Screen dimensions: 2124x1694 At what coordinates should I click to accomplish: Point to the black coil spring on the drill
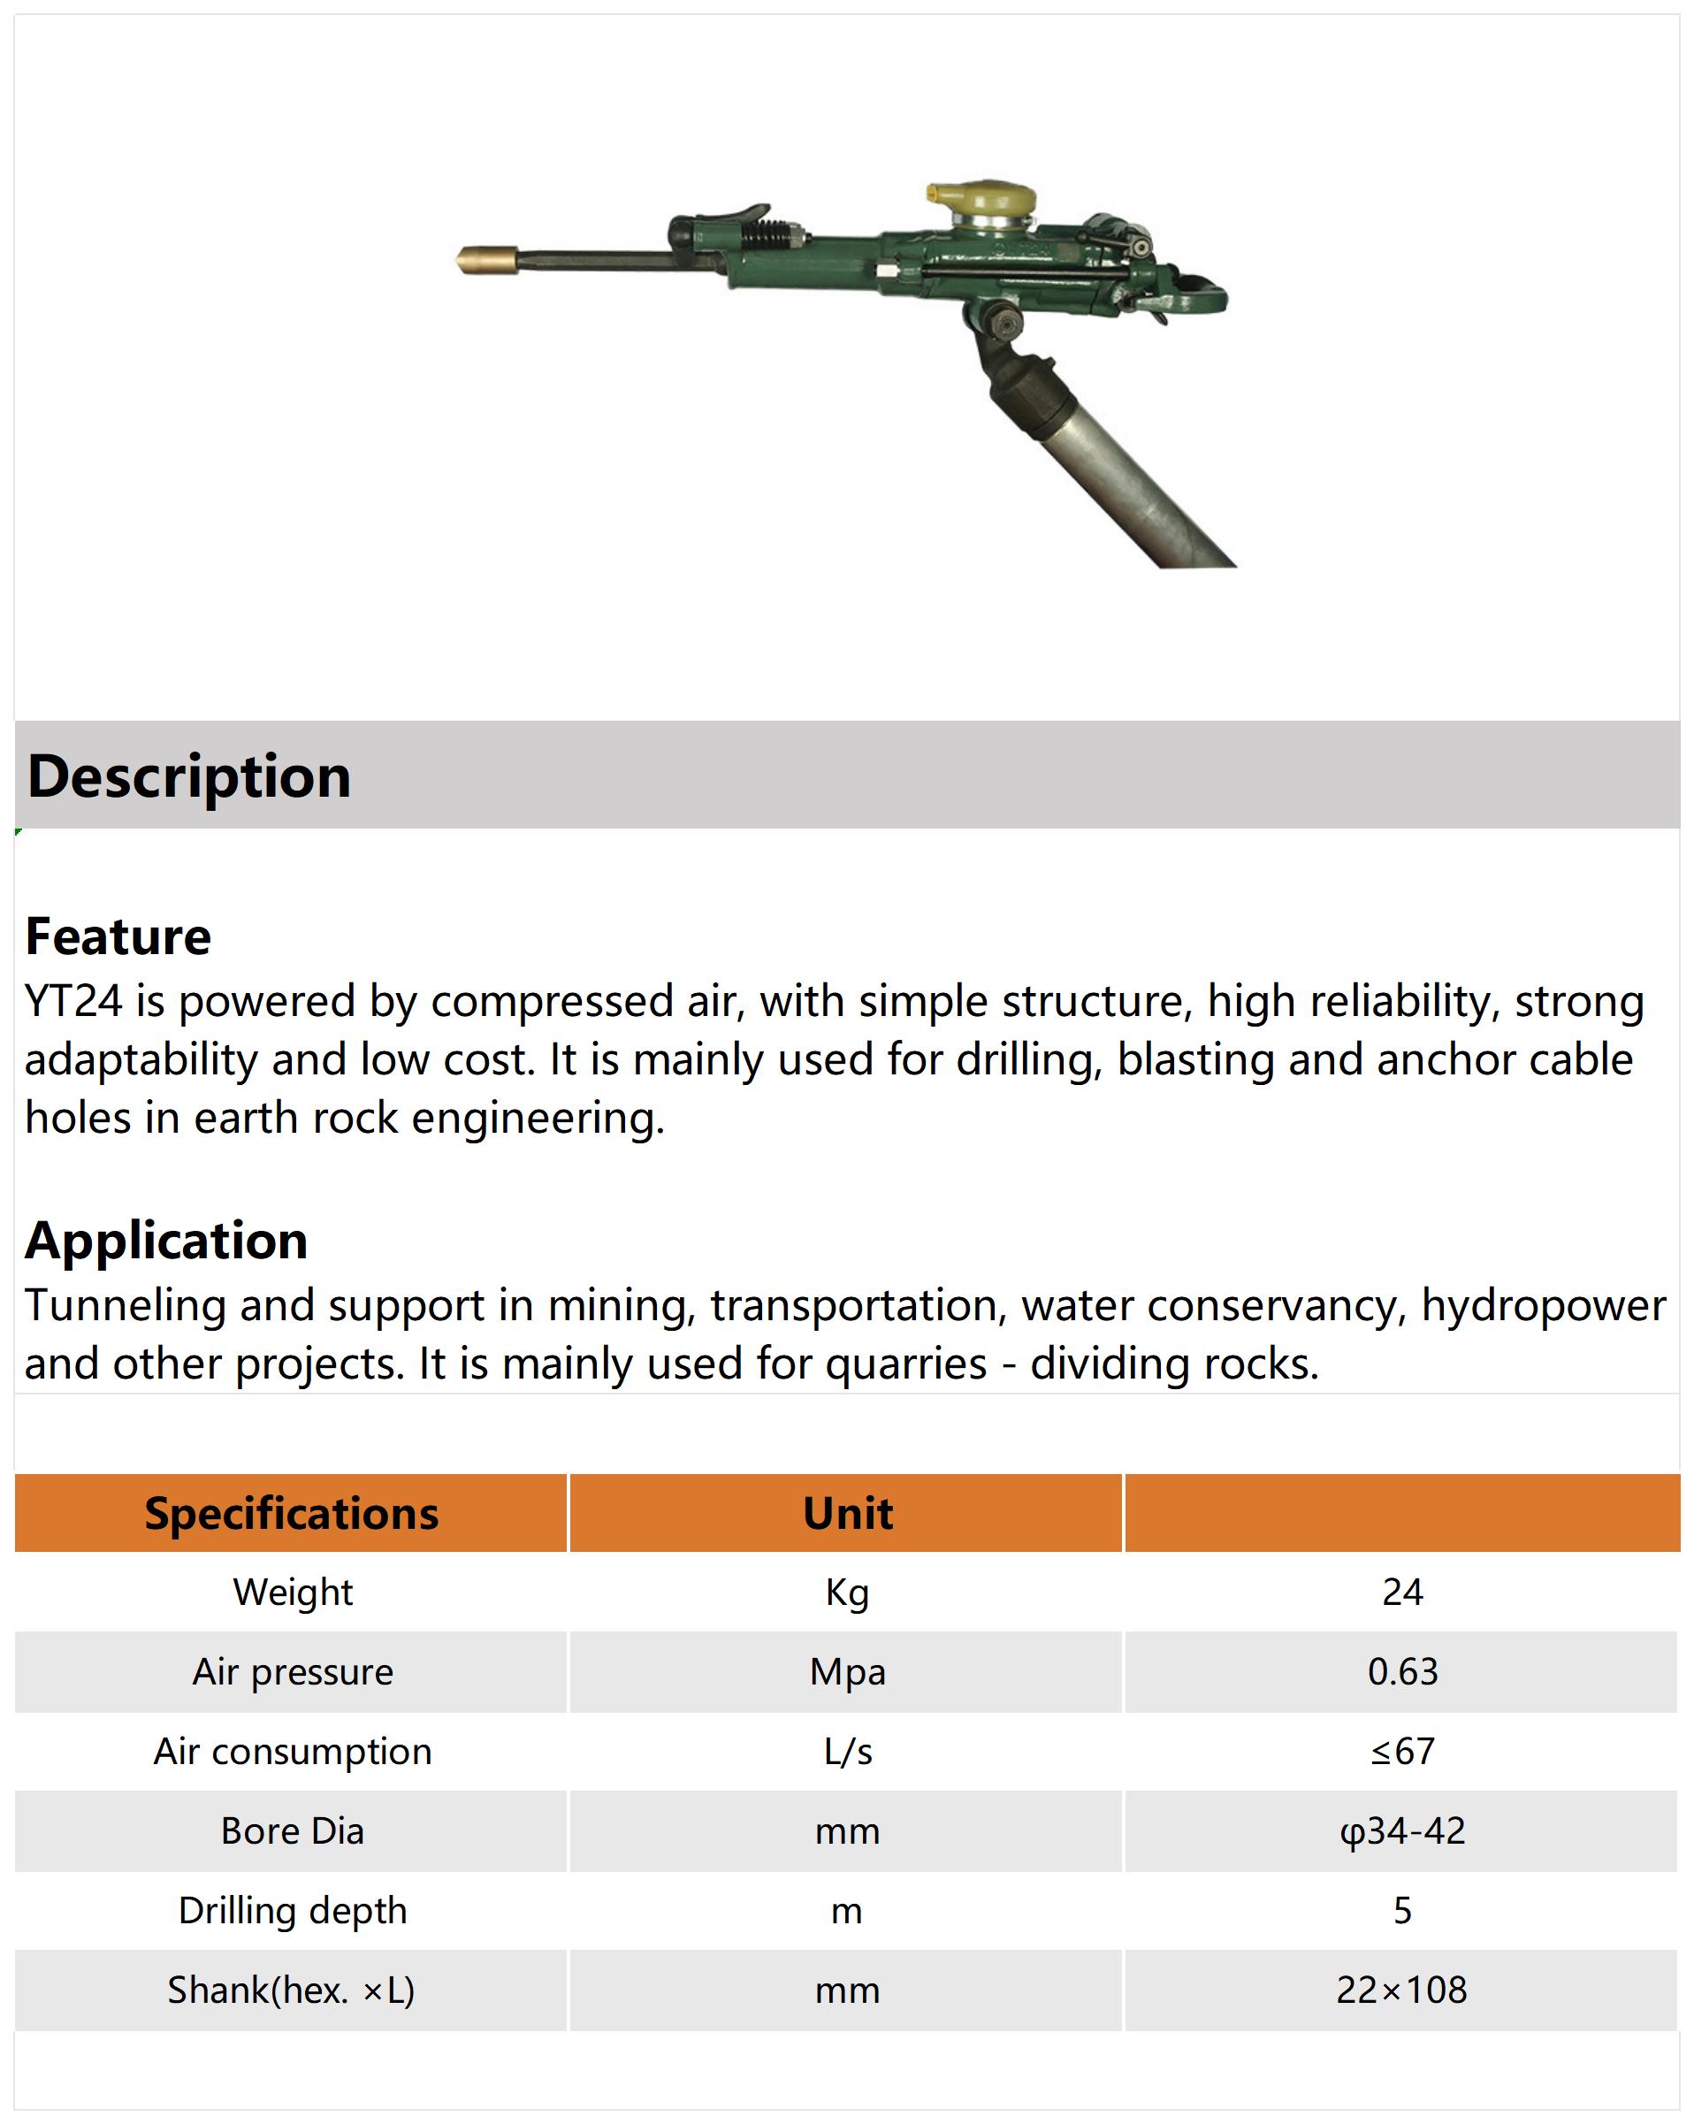770,234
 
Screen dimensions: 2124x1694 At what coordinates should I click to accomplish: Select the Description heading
189,776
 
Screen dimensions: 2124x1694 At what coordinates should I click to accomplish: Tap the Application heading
166,1241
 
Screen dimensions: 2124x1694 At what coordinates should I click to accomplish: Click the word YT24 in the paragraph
74,1001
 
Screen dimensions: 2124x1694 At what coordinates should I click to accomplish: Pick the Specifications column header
292,1513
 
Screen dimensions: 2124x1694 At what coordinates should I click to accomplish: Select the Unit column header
847,1513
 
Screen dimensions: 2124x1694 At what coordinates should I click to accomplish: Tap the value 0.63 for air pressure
1402,1672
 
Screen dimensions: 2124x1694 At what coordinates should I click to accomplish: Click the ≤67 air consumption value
1402,1752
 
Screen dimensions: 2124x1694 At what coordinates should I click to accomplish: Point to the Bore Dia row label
293,1831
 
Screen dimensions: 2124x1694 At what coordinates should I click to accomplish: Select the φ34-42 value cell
1402,1831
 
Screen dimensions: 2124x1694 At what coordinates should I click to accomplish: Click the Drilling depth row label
293,1911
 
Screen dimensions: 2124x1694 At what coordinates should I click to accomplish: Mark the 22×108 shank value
1402,1990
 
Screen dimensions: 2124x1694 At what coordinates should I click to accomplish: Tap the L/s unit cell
847,1752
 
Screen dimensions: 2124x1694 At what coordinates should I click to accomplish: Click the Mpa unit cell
847,1672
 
